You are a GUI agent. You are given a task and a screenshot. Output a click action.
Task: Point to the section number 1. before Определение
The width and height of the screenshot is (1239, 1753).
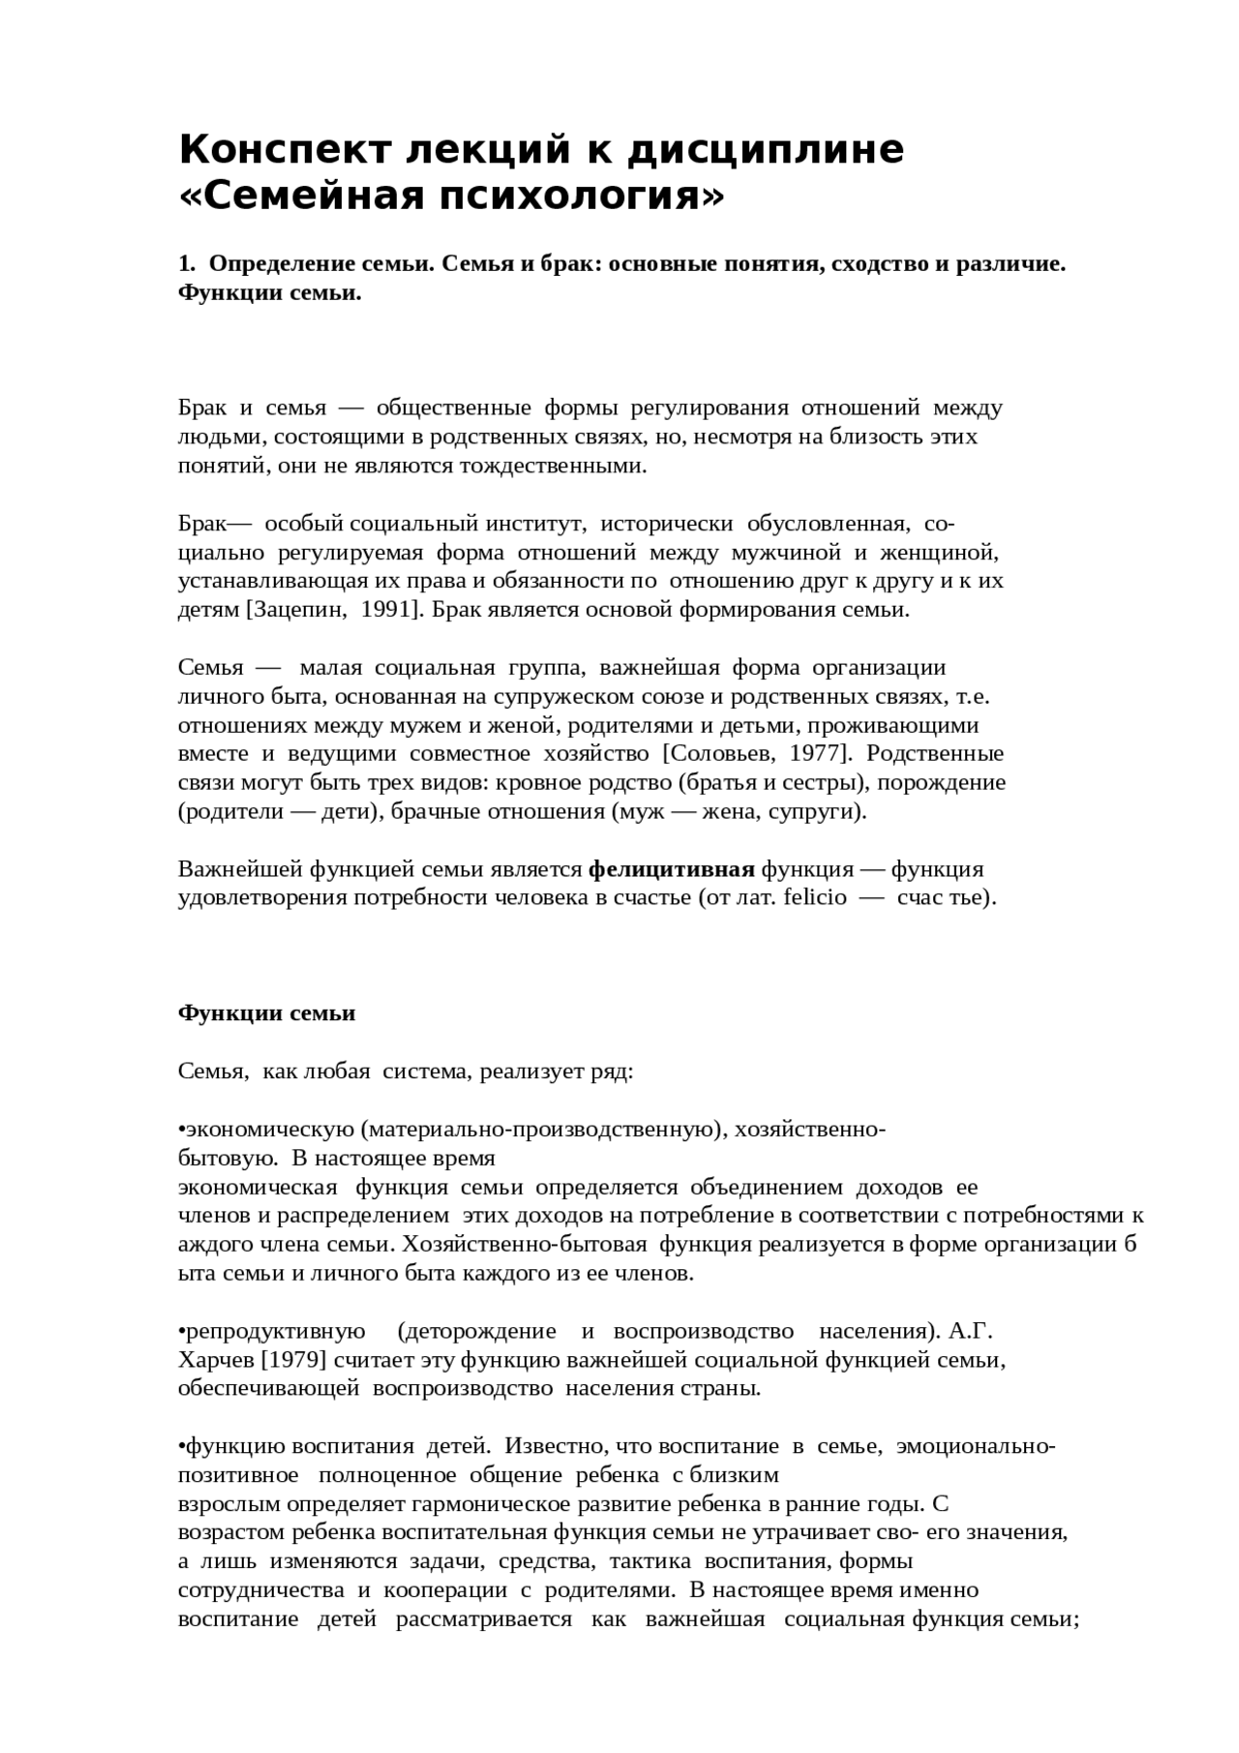coord(187,264)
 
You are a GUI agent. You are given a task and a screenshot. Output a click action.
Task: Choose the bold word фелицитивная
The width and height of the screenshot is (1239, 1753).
coord(672,868)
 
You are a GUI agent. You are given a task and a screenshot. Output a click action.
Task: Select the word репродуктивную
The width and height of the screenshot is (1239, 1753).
coord(275,1331)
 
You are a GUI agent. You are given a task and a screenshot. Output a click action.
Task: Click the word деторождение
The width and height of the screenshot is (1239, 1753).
coord(481,1331)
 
